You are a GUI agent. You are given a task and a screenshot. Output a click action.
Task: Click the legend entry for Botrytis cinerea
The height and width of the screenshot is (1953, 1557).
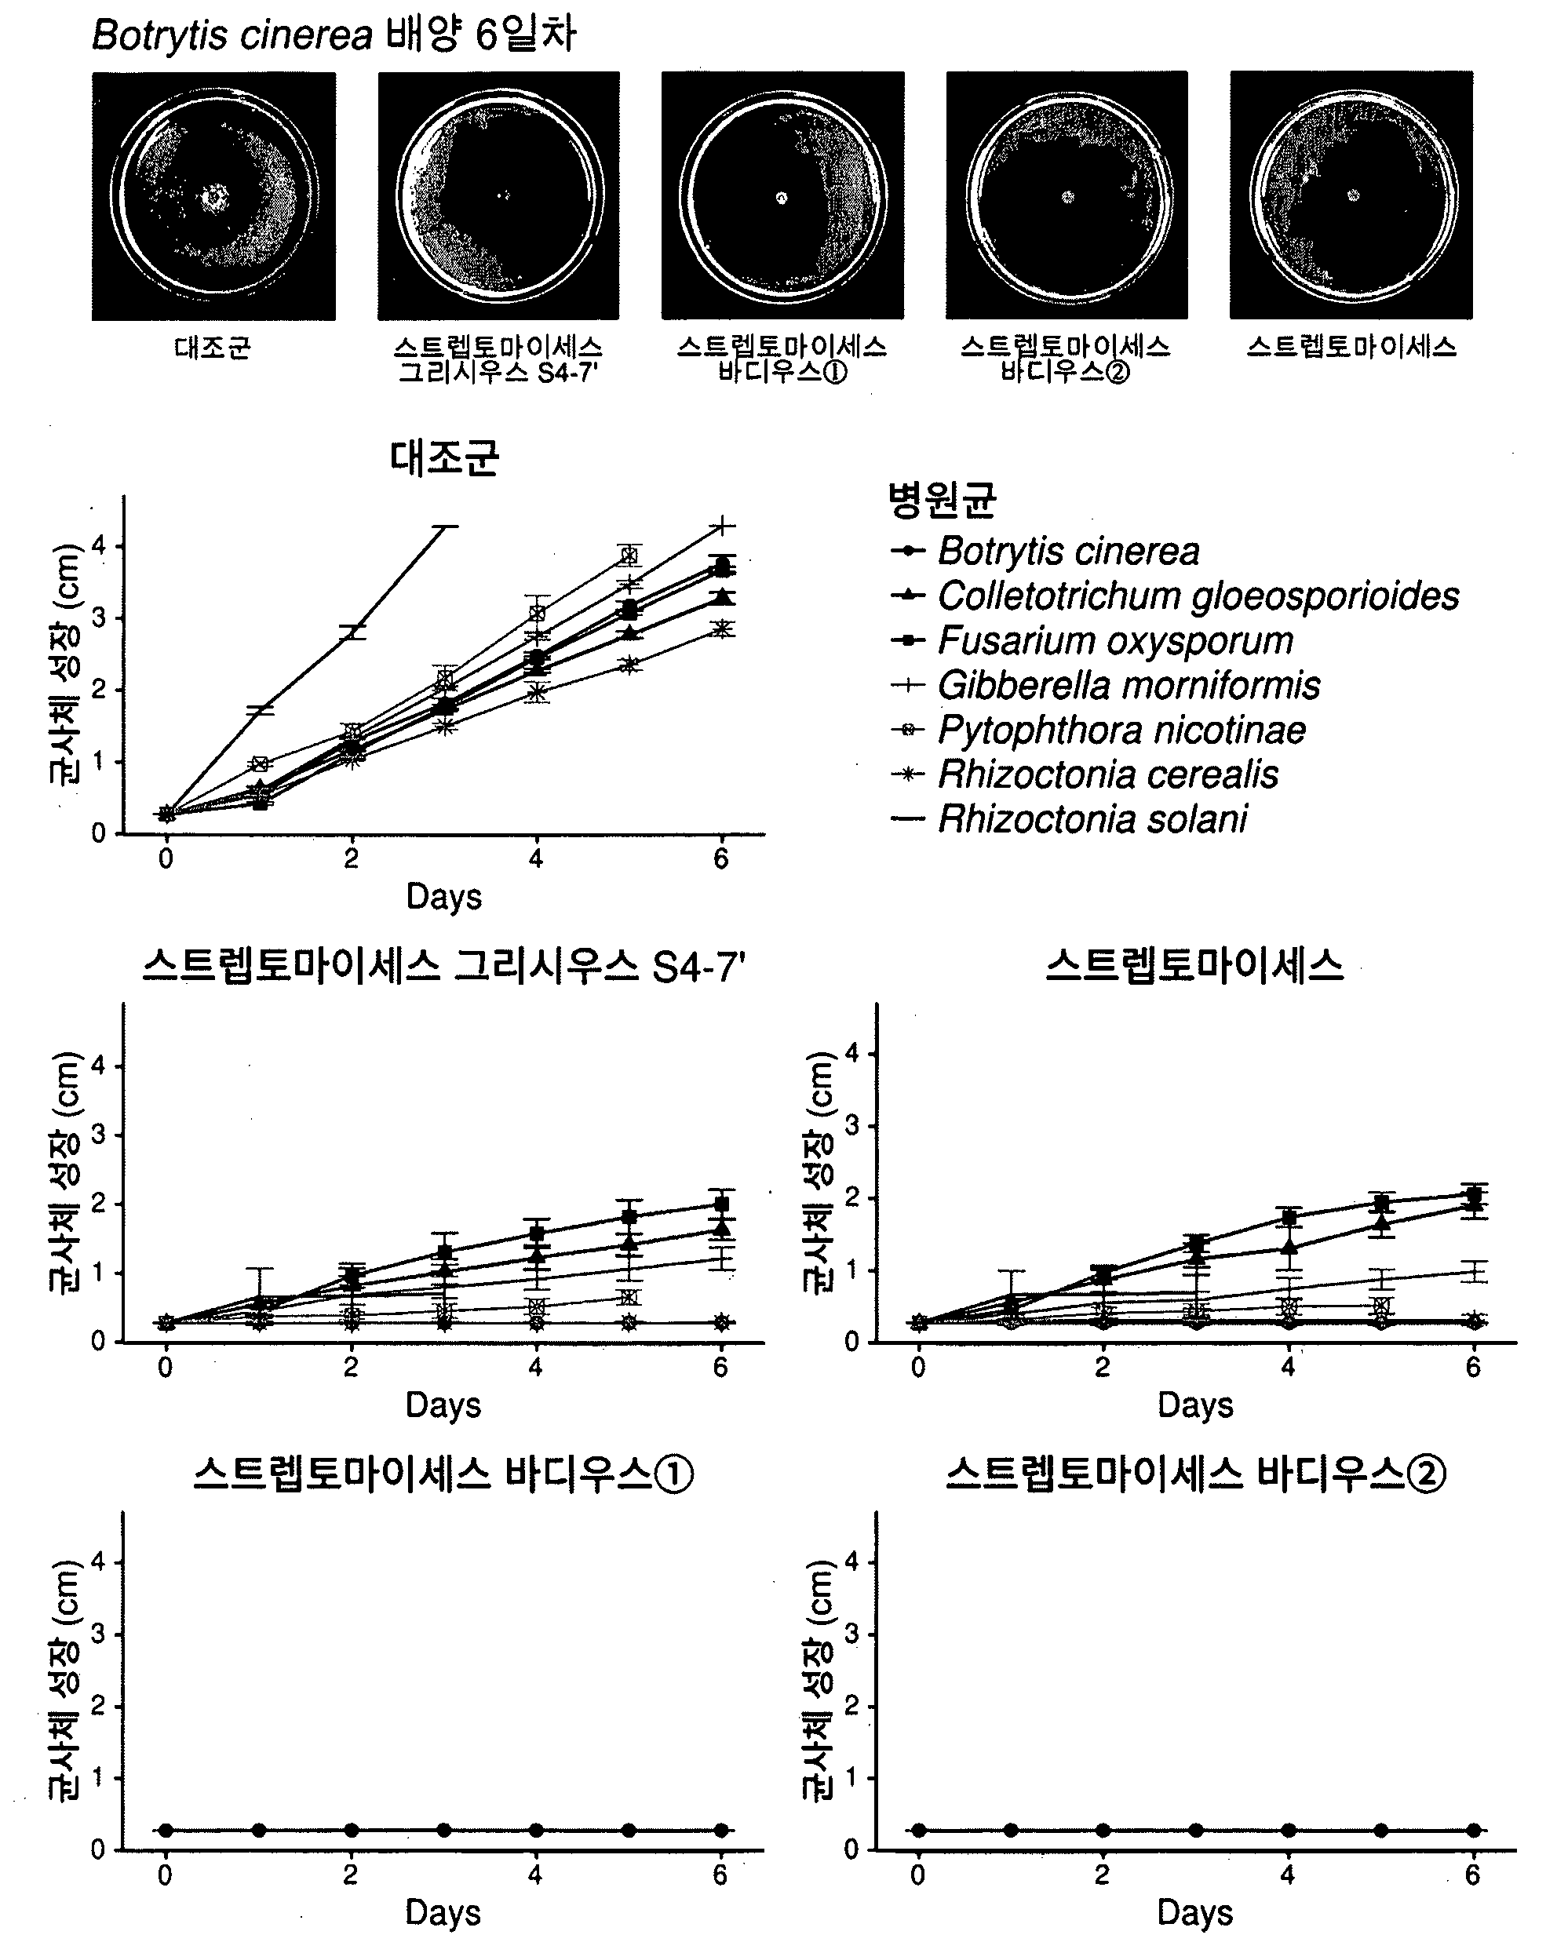click(1045, 551)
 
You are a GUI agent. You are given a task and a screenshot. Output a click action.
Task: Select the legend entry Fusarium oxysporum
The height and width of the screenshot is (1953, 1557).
click(1092, 640)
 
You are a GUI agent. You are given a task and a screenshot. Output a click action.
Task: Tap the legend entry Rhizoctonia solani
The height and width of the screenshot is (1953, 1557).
click(1069, 819)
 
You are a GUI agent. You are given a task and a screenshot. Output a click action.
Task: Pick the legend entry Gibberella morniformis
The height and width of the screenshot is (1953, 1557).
click(1105, 685)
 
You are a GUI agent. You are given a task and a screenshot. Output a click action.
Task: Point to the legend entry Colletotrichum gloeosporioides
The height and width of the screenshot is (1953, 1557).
click(1175, 596)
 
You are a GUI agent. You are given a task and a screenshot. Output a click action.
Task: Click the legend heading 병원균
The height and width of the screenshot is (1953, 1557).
click(942, 499)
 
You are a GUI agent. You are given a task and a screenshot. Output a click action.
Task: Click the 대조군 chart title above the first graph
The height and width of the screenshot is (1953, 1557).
click(444, 457)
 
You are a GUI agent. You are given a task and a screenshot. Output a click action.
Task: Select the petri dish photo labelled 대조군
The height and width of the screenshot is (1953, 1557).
click(213, 195)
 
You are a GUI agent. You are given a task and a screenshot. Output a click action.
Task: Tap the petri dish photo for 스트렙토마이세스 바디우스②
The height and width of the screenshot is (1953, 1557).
click(1067, 195)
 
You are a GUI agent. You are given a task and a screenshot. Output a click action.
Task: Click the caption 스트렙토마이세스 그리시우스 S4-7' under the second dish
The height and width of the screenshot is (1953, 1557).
click(498, 359)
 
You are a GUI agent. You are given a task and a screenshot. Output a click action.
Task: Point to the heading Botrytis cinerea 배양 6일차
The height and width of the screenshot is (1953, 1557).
click(334, 35)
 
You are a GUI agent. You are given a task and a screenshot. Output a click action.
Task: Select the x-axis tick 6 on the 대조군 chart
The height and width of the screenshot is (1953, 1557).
click(721, 858)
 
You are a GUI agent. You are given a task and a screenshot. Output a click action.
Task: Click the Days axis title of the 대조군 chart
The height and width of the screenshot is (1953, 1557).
click(444, 896)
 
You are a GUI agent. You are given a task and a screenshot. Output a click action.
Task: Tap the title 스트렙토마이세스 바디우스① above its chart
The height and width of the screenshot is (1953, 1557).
click(444, 1474)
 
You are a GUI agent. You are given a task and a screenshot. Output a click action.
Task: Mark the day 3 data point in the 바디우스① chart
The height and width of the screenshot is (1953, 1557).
click(444, 1830)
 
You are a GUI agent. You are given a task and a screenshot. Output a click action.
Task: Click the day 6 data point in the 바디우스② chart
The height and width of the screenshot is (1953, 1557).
click(1474, 1830)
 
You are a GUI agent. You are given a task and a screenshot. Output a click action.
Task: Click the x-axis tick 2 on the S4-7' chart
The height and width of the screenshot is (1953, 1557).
click(351, 1367)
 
